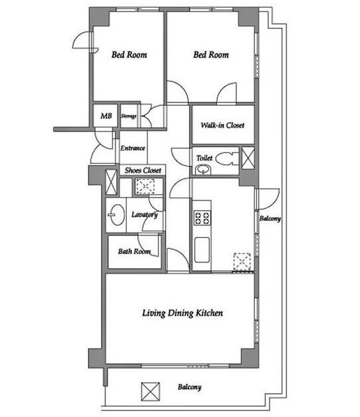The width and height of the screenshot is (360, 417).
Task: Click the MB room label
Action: pyautogui.click(x=106, y=116)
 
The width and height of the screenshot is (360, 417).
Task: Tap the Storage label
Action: pyautogui.click(x=129, y=116)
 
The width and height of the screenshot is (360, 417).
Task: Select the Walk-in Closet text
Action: pyautogui.click(x=223, y=125)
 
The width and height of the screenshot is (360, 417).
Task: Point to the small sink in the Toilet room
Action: pyautogui.click(x=203, y=170)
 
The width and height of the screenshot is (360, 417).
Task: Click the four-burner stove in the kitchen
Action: pyautogui.click(x=202, y=218)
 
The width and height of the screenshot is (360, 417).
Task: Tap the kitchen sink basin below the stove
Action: pyautogui.click(x=202, y=250)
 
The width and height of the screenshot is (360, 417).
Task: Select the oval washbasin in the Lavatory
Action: pyautogui.click(x=116, y=215)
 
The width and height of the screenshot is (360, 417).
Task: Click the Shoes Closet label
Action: pyautogui.click(x=143, y=171)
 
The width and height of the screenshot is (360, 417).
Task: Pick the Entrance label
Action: pyautogui.click(x=133, y=148)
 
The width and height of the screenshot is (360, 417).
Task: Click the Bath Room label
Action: pyautogui.click(x=134, y=251)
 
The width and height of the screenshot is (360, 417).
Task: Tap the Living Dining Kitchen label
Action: pyautogui.click(x=182, y=313)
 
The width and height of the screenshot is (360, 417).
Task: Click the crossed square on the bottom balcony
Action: pyautogui.click(x=151, y=391)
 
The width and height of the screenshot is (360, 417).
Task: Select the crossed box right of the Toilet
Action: pyautogui.click(x=248, y=158)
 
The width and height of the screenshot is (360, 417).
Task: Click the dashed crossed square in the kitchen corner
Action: pyautogui.click(x=242, y=262)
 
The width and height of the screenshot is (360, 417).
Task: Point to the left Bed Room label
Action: pyautogui.click(x=129, y=55)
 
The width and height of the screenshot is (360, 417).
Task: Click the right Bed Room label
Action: pyautogui.click(x=211, y=55)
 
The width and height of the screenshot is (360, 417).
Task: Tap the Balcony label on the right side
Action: pyautogui.click(x=270, y=218)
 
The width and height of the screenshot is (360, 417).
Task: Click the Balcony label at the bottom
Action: pyautogui.click(x=190, y=387)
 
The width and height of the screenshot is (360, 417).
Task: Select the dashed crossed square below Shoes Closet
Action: pyautogui.click(x=145, y=186)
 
